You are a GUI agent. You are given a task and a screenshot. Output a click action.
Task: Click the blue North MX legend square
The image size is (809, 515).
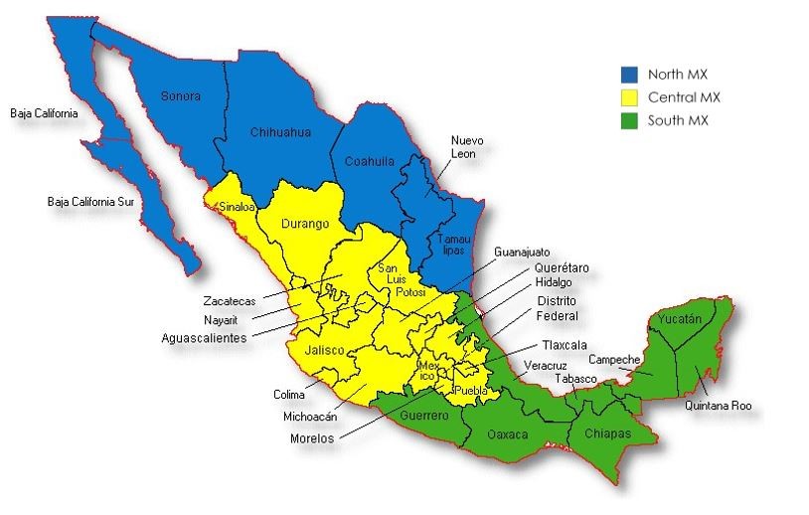point(629,75)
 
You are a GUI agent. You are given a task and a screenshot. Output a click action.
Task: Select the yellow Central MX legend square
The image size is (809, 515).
point(629,97)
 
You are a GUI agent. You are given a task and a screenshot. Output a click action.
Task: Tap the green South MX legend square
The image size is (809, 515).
point(629,120)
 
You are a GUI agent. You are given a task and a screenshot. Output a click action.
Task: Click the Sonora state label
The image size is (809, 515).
point(181,96)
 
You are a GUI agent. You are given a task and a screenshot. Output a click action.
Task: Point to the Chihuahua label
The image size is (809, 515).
point(280,131)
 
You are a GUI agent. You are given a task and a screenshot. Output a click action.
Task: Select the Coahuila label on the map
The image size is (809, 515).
point(369,161)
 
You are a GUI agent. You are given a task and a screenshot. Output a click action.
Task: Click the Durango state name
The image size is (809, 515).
point(306,224)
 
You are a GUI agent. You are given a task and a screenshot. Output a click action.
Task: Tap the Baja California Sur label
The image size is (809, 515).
point(89,202)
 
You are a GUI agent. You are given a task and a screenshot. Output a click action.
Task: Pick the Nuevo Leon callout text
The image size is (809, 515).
point(466,147)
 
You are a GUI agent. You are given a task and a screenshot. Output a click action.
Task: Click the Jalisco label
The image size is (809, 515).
point(325,351)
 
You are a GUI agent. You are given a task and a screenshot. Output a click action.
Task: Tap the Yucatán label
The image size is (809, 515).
point(680,319)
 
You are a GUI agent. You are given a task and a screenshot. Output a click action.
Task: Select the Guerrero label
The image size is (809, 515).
point(424,415)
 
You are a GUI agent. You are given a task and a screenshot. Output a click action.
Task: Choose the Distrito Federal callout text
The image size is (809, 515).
point(556,308)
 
